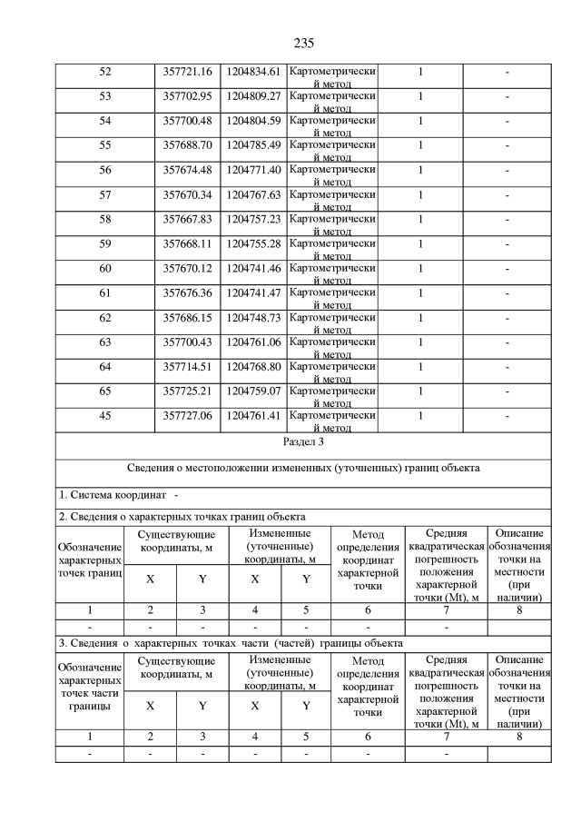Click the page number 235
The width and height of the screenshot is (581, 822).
(x=303, y=43)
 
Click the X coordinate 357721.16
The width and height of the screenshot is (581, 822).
(x=186, y=72)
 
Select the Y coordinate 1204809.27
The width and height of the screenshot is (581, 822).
(x=254, y=95)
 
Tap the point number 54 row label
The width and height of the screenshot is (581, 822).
(x=104, y=120)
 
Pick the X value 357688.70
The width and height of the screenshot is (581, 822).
(x=186, y=144)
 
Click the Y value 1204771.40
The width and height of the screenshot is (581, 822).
(x=254, y=169)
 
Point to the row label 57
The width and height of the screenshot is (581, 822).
(x=104, y=193)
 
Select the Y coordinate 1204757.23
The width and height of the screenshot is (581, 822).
(x=254, y=218)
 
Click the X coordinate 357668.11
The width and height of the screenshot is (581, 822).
(x=186, y=243)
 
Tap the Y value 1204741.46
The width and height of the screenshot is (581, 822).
(x=254, y=268)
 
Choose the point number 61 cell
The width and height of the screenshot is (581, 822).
(x=104, y=292)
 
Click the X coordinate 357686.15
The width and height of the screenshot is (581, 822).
(x=186, y=317)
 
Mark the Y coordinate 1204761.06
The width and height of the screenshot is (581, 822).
(x=254, y=342)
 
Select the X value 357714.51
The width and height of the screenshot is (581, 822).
(x=186, y=366)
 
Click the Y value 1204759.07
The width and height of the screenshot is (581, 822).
(x=254, y=391)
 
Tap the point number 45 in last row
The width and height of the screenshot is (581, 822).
(x=104, y=415)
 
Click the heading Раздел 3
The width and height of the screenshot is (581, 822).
(x=303, y=442)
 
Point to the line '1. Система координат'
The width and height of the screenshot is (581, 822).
(x=113, y=495)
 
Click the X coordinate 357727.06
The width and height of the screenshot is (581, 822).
(x=186, y=415)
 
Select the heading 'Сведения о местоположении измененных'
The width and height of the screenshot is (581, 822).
(x=303, y=469)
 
